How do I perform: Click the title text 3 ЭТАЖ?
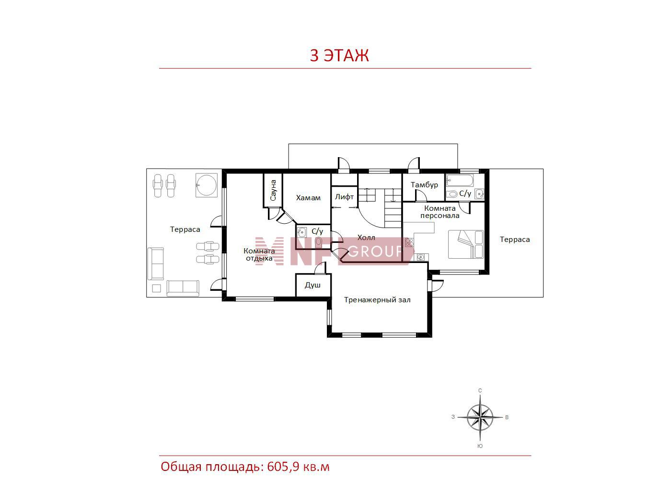click(339, 55)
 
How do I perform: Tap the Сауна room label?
click(273, 190)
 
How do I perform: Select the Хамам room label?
click(308, 198)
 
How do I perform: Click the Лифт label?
click(344, 197)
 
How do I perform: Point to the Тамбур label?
click(424, 185)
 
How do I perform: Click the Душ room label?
click(312, 285)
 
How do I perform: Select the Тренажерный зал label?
click(377, 300)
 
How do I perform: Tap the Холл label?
click(366, 238)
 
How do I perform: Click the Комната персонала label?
click(440, 212)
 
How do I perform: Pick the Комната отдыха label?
click(259, 254)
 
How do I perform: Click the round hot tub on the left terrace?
click(207, 185)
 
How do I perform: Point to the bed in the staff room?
click(466, 244)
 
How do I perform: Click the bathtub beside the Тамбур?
click(460, 180)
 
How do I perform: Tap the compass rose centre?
click(480, 417)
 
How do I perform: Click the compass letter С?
click(480, 390)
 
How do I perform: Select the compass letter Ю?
click(480, 446)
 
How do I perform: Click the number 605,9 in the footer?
click(283, 467)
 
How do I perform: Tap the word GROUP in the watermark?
click(375, 251)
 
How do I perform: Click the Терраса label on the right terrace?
click(515, 240)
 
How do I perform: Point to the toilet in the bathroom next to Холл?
click(319, 242)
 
